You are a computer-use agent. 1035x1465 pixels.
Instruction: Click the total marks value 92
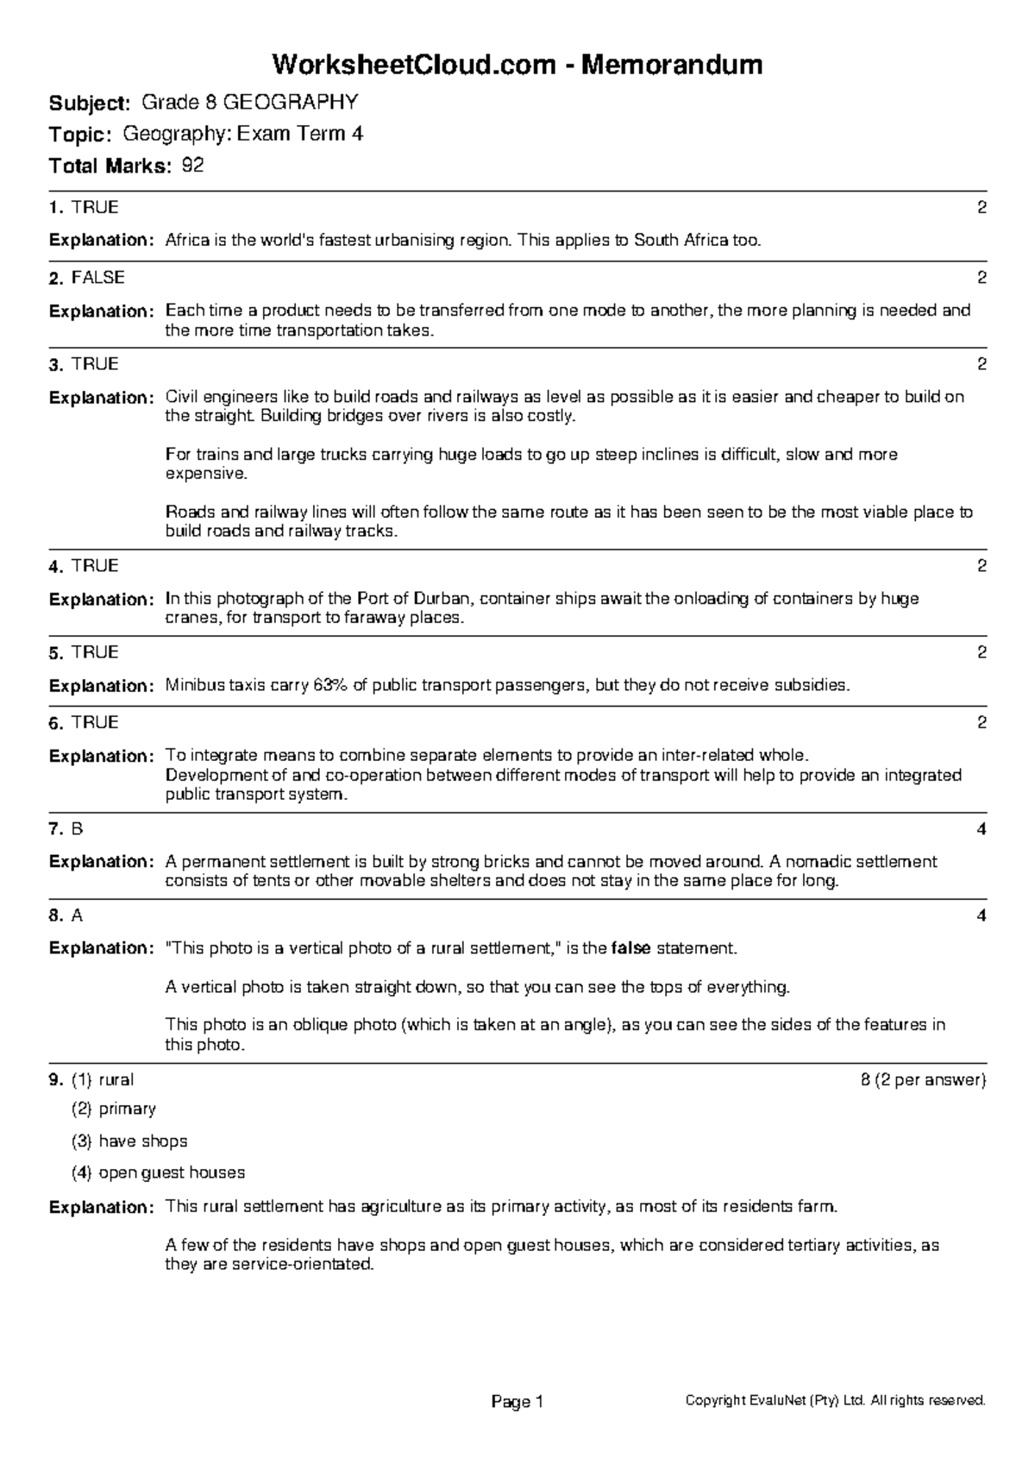coord(193,166)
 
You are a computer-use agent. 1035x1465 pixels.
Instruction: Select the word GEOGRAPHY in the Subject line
coord(290,104)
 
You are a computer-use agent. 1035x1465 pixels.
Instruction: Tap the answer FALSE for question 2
coord(98,278)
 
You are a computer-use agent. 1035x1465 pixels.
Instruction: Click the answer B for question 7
coord(77,829)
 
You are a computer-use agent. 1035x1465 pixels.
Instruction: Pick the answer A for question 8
coord(77,916)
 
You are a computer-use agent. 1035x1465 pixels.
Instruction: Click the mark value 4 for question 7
coord(982,829)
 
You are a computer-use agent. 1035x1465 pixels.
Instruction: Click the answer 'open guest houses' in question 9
coord(172,1173)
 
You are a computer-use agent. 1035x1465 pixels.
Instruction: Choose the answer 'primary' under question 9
coord(127,1110)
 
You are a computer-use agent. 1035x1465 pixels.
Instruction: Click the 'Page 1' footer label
coord(517,1402)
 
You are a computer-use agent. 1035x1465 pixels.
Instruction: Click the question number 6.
coord(55,724)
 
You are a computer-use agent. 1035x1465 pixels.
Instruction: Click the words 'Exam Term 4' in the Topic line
coord(300,135)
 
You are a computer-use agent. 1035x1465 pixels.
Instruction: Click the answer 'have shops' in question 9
coord(143,1141)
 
